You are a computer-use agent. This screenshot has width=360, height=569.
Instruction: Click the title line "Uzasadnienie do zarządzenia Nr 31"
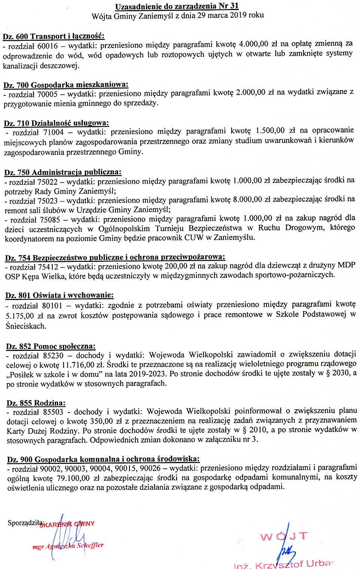tap(177, 6)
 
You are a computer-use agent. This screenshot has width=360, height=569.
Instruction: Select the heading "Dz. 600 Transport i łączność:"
tap(54, 36)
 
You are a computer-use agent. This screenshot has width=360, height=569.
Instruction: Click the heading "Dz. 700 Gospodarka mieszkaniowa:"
tap(66, 85)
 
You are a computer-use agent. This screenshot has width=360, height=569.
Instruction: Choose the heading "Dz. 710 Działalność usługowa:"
tap(57, 123)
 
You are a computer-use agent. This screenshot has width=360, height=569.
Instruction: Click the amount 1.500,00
tap(270, 131)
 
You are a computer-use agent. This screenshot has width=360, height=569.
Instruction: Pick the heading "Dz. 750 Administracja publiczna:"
tap(63, 172)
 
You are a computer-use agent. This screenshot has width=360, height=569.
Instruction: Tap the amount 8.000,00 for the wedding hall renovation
tap(247, 199)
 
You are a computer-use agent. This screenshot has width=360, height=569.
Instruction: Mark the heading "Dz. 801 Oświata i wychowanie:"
tap(60, 296)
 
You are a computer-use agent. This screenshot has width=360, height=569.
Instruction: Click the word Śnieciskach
tap(26, 326)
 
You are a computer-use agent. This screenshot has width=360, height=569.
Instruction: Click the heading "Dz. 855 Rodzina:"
tap(36, 403)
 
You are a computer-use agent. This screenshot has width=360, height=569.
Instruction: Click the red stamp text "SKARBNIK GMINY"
tap(67, 524)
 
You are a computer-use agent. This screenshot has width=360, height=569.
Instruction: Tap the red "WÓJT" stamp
tap(284, 536)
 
